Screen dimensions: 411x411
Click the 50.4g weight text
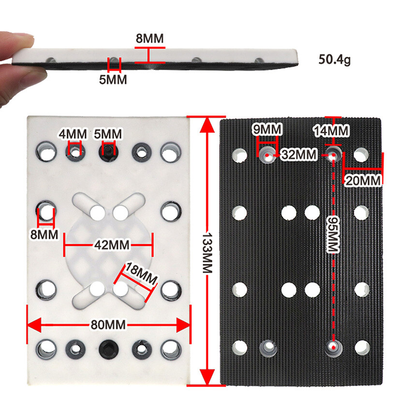click(x=334, y=60)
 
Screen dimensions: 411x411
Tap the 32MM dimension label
click(x=299, y=155)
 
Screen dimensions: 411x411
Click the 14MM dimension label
click(x=331, y=131)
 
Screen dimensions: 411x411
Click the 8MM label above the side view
click(x=149, y=38)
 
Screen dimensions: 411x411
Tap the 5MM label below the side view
click(x=113, y=79)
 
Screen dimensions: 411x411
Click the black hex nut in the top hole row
click(x=107, y=152)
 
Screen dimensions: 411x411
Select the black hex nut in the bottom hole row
click(x=107, y=348)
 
